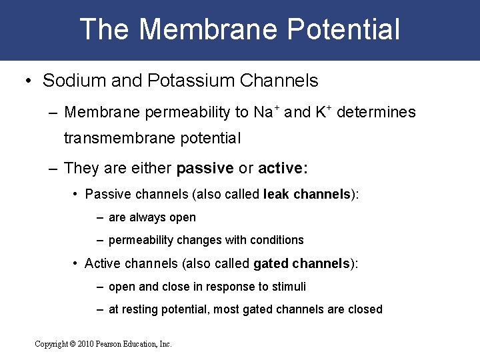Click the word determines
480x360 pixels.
pos(376,112)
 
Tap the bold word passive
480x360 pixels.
pos(205,167)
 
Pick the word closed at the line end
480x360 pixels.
pos(365,309)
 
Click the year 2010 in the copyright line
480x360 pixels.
pos(85,344)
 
